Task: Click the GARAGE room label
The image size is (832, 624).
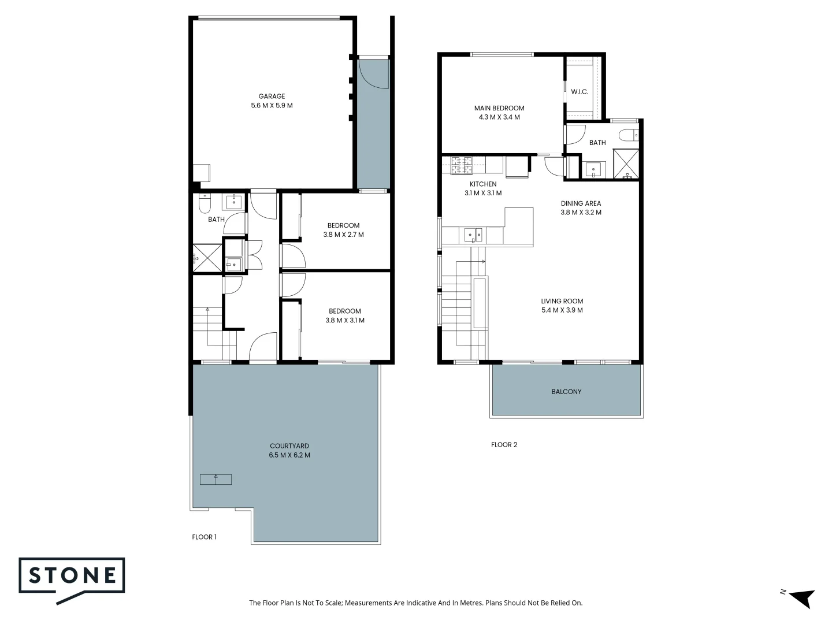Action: coord(272,96)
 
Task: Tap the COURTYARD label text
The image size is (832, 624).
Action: coord(289,446)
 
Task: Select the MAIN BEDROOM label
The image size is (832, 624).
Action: coord(499,108)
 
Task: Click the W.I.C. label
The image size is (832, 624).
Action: coord(580,92)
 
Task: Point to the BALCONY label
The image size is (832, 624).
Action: coord(566,392)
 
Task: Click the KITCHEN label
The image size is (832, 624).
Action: coord(483,184)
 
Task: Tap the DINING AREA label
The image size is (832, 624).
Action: coord(581,203)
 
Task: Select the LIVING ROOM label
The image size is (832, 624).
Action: coord(562,301)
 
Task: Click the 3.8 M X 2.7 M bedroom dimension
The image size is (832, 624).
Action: coord(343,235)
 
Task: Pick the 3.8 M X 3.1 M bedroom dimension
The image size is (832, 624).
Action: coord(345,321)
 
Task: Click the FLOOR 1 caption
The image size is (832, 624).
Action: coord(204,537)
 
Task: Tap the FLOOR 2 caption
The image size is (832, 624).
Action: coord(504,445)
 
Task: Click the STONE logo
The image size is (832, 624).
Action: coord(72,577)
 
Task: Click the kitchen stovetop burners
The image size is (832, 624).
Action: coord(462,165)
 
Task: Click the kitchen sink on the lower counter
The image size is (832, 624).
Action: coord(473,235)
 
